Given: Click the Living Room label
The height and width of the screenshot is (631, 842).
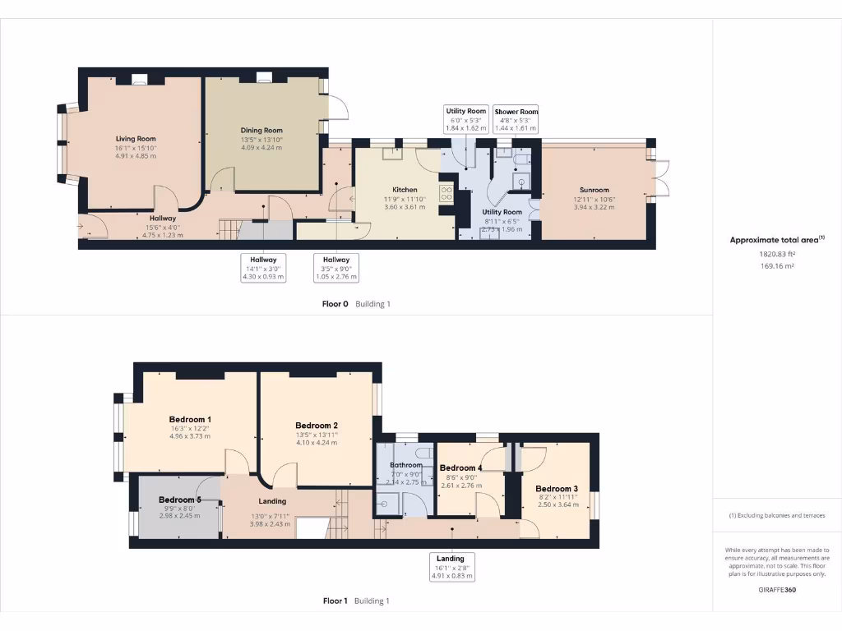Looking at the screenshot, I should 136,139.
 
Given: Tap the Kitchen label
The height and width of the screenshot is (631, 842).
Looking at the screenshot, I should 405,190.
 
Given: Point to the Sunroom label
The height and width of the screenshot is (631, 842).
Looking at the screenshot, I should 593,190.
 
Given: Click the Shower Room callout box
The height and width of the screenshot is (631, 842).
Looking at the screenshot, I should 516,119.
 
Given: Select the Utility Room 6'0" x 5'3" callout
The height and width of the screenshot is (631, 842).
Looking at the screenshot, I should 466,119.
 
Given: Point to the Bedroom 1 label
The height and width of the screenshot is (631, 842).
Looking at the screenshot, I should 190,419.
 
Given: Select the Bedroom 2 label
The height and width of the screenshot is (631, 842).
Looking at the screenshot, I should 317,426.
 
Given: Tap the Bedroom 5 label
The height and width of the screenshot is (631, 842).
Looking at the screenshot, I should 179,500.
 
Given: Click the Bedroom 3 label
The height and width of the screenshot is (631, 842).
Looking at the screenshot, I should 557,489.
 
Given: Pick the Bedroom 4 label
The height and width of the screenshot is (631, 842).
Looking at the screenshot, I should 460,467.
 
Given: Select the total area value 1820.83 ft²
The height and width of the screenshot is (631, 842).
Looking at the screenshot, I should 777,255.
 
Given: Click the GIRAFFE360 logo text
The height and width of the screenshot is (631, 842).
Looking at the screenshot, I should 777,589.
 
